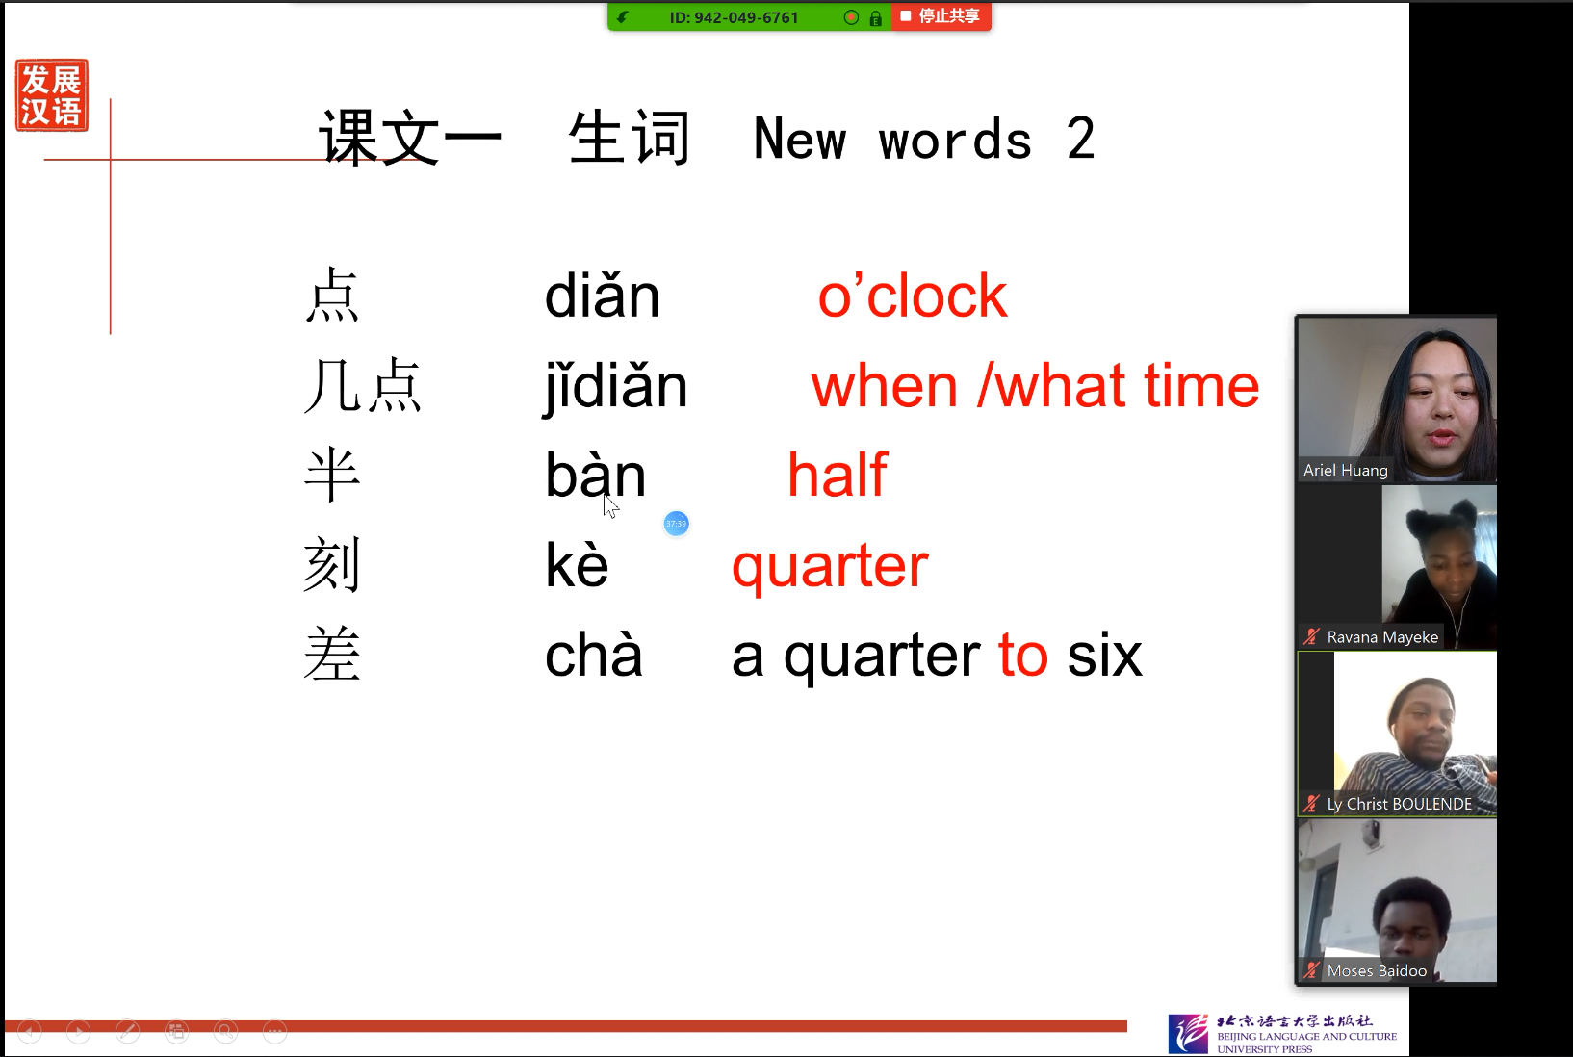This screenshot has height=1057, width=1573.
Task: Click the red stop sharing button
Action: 941,16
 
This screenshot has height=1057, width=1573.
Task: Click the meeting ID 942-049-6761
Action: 734,17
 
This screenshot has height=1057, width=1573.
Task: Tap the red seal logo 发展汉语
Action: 52,95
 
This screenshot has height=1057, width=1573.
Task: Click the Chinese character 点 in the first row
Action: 332,296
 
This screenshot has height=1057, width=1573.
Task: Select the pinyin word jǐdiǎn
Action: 616,387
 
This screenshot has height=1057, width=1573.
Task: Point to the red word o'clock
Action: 913,295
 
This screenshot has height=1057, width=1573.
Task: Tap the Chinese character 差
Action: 332,655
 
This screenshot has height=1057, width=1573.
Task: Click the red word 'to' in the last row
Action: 1023,655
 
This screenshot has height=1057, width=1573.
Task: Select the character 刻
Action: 331,564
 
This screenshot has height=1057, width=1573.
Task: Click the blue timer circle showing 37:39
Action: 676,524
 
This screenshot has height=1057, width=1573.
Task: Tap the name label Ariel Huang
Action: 1346,470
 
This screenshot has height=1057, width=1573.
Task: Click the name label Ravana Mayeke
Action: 1382,637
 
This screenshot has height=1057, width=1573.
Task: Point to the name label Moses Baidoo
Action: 1377,970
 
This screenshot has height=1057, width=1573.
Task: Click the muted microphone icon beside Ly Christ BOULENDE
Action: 1311,804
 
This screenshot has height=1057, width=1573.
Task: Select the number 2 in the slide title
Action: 1081,139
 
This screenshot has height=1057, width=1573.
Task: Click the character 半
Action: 332,476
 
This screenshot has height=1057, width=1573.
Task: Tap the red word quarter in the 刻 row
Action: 830,566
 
